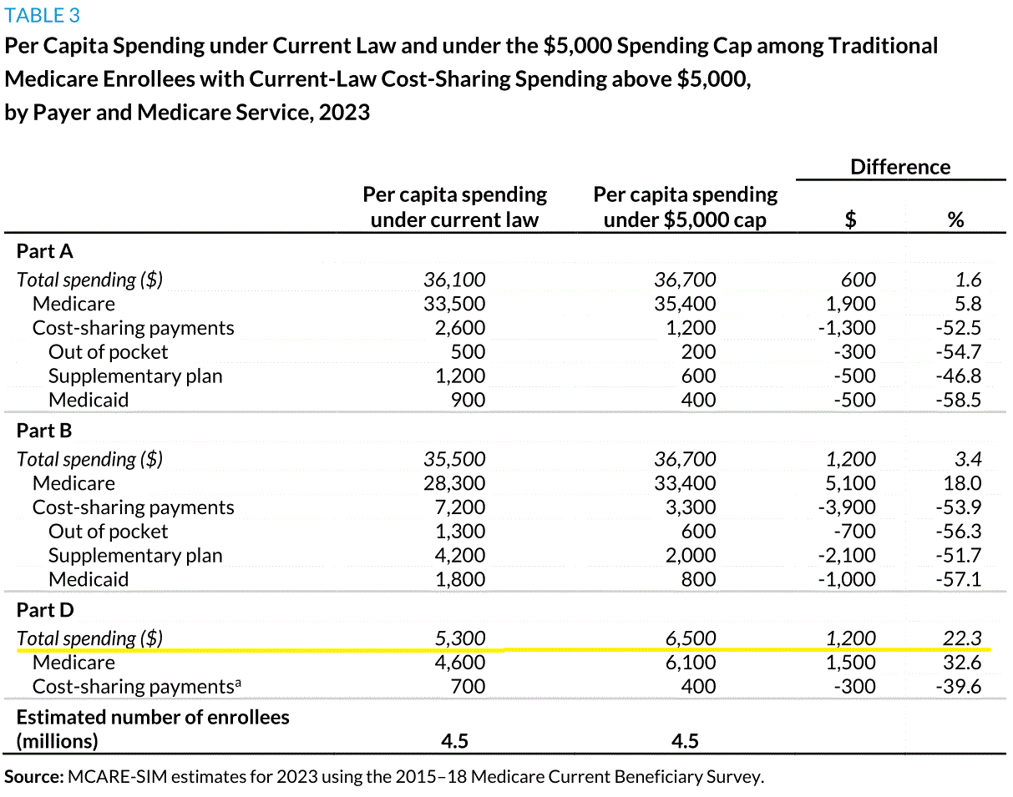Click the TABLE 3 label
(43, 16)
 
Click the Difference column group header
(900, 167)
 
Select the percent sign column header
(955, 219)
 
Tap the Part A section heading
(45, 251)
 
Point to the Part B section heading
(44, 431)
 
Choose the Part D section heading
(45, 610)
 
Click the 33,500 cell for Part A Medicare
(454, 304)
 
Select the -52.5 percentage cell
(958, 328)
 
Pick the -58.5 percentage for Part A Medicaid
(958, 400)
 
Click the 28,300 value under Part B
(454, 483)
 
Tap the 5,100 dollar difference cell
(851, 483)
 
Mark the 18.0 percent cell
(962, 483)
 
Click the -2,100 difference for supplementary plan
(847, 555)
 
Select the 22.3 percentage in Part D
(962, 638)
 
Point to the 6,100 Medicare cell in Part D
(691, 663)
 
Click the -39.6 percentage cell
(958, 687)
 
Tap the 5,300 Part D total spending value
(460, 638)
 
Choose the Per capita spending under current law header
(454, 207)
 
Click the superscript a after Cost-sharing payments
(238, 682)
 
